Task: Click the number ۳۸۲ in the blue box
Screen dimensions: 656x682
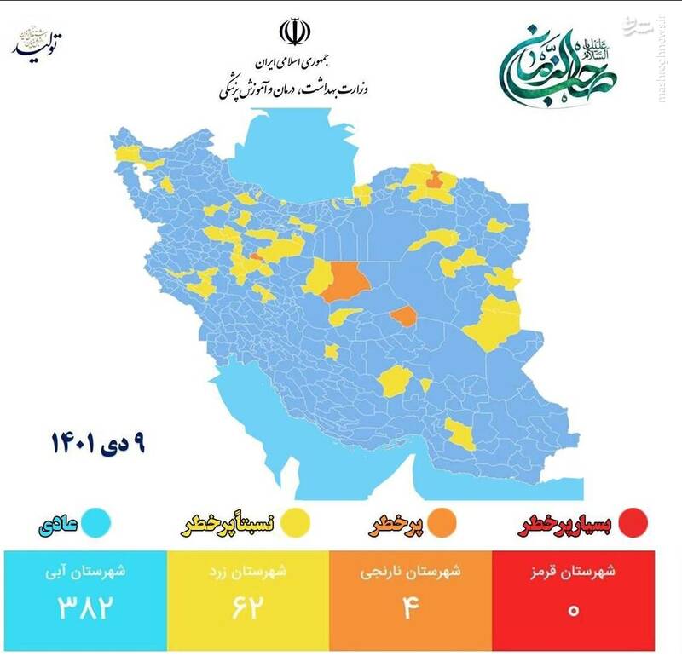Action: point(85,608)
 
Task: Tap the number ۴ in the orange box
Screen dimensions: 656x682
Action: point(411,608)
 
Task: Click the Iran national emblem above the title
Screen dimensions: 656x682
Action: point(292,32)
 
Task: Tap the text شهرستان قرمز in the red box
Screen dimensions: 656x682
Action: point(573,572)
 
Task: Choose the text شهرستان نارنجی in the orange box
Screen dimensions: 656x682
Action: point(411,572)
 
